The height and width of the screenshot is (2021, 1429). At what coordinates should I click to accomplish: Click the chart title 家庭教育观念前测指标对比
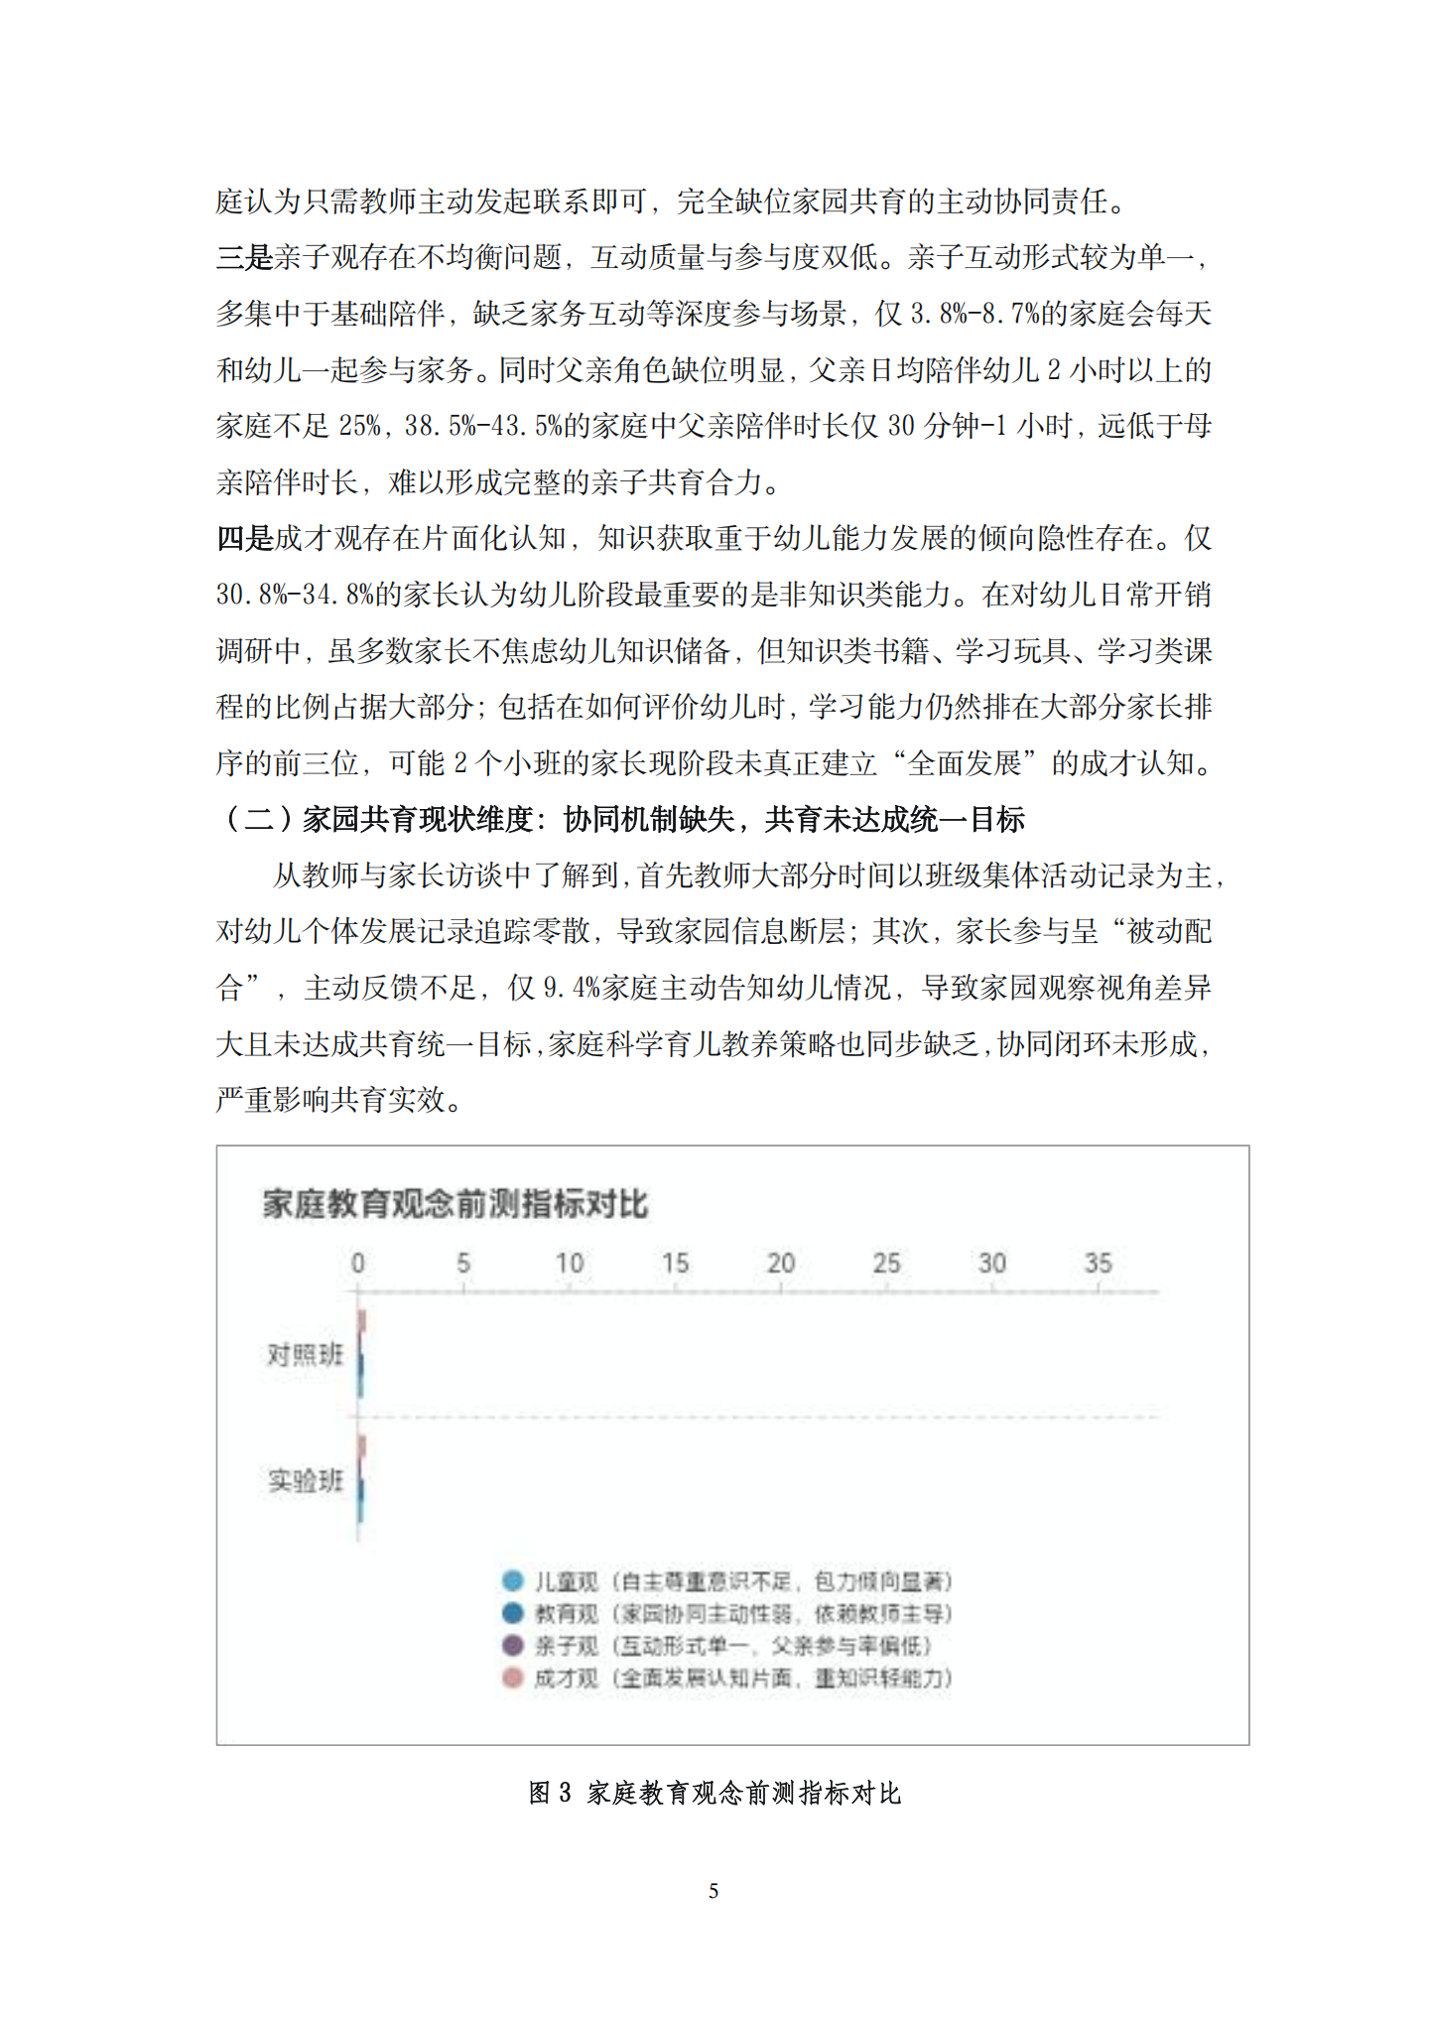coord(455,1203)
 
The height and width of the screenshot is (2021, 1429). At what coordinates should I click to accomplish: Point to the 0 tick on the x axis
coord(358,1264)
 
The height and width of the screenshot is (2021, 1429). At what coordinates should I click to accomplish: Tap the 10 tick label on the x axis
coord(570,1264)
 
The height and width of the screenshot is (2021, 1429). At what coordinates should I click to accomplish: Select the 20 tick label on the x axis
coord(781,1264)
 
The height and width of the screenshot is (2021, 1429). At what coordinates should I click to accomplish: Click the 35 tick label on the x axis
coord(1098,1264)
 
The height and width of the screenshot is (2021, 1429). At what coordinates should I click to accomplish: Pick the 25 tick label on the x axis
coord(886,1264)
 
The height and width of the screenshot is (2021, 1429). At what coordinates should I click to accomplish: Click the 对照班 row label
coord(305,1354)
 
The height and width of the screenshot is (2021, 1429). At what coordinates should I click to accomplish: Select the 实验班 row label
coord(305,1481)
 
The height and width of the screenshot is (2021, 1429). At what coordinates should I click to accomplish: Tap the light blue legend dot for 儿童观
coord(513,1580)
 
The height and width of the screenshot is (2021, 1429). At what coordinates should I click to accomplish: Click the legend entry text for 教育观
coord(742,1613)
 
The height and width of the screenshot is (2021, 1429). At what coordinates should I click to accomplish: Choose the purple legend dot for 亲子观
coord(513,1645)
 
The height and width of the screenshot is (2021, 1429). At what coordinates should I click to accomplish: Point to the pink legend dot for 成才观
coord(513,1678)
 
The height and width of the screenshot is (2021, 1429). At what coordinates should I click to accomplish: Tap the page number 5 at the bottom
coord(714,1891)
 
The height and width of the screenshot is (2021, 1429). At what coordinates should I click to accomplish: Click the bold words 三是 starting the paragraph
coord(244,258)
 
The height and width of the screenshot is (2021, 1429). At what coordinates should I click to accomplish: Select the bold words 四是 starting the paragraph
coord(244,539)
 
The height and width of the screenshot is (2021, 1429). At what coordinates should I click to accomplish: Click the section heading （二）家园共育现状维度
coord(620,820)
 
